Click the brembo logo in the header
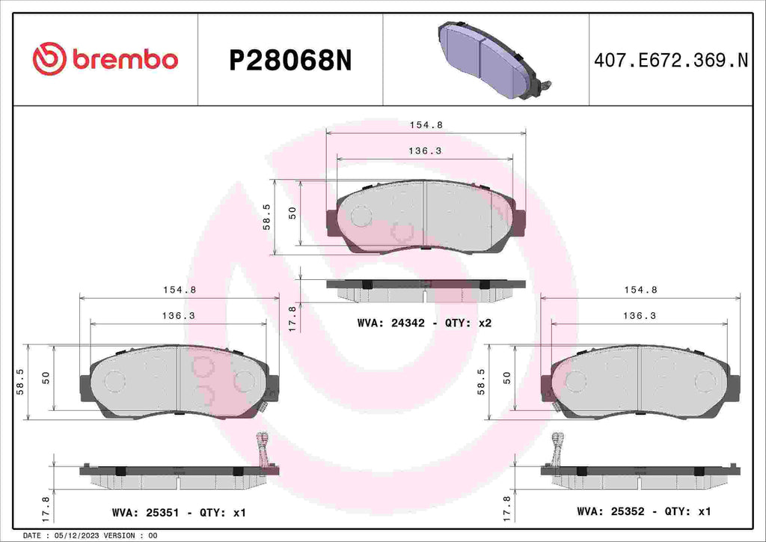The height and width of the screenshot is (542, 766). click(x=105, y=59)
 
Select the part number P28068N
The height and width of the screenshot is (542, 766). click(x=289, y=61)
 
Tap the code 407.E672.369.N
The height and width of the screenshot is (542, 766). click(x=671, y=61)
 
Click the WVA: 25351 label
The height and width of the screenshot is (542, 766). click(x=147, y=513)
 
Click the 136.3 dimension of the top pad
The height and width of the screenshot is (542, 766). click(x=425, y=150)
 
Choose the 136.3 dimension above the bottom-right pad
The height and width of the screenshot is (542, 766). click(x=640, y=316)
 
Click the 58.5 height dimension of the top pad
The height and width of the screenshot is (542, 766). click(x=267, y=216)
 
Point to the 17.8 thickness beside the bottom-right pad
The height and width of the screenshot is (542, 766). click(x=508, y=509)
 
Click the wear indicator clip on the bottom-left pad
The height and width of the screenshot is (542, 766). click(x=262, y=447)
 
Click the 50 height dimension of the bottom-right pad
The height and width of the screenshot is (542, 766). click(x=507, y=378)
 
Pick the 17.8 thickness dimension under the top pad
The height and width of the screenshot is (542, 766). click(x=292, y=317)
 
